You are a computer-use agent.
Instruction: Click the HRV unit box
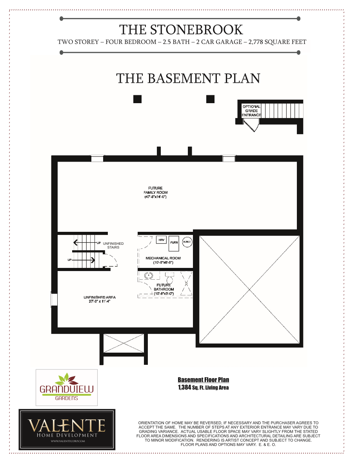pyautogui.click(x=161, y=240)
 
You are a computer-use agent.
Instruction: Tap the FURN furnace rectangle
pyautogui.click(x=174, y=243)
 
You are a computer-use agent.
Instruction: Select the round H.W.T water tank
pyautogui.click(x=187, y=242)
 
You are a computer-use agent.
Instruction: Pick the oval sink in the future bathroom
pyautogui.click(x=149, y=275)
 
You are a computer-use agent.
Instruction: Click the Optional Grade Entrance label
pyautogui.click(x=251, y=111)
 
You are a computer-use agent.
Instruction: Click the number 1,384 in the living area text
pyautogui.click(x=184, y=388)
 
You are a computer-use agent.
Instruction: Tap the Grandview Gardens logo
pyautogui.click(x=67, y=388)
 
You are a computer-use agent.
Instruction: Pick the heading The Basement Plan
pyautogui.click(x=188, y=78)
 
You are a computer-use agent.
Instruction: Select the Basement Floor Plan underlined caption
pyautogui.click(x=203, y=380)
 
